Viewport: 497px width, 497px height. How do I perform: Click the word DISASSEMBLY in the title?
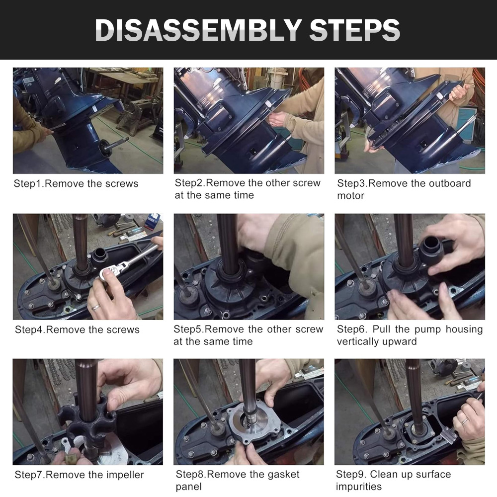pos(198,30)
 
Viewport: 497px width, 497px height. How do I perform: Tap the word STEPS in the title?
pos(355,30)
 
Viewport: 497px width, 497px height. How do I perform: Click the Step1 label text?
pos(28,184)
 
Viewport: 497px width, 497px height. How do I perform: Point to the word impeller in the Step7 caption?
pos(125,475)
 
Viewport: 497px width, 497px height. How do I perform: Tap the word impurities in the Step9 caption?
pos(358,487)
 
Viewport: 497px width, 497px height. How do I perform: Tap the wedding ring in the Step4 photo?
pos(96,307)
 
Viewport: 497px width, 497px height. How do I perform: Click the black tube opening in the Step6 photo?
pos(430,243)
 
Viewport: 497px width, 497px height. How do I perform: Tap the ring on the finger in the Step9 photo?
pos(464,421)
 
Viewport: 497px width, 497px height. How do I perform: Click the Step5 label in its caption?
pos(188,330)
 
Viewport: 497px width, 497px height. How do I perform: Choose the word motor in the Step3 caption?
pos(350,196)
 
